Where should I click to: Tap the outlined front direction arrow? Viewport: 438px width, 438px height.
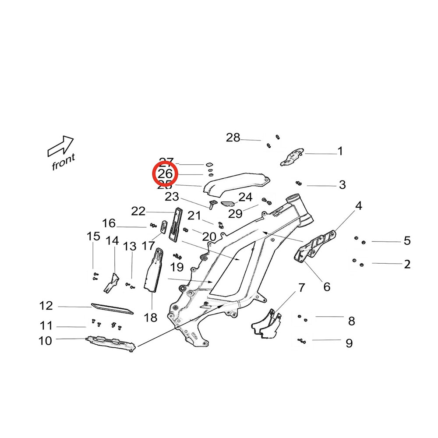click(60, 146)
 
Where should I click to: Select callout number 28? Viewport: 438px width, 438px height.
click(233, 138)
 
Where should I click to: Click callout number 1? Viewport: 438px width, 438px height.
click(340, 152)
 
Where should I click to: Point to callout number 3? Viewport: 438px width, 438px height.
click(343, 185)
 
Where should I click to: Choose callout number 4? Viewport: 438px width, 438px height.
click(359, 205)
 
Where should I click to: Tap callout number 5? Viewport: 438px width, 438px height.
click(407, 240)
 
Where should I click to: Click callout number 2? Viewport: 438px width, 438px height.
click(407, 264)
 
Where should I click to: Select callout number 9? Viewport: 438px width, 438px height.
click(349, 343)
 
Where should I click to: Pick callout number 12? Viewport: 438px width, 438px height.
click(46, 306)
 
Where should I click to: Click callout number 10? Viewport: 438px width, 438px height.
click(46, 340)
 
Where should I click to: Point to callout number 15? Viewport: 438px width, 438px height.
click(93, 237)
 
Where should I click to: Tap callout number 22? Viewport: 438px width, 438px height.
click(138, 212)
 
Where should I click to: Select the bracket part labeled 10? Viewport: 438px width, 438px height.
click(109, 342)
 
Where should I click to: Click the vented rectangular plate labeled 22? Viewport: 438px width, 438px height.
click(176, 223)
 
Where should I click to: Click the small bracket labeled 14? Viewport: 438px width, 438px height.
click(112, 283)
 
